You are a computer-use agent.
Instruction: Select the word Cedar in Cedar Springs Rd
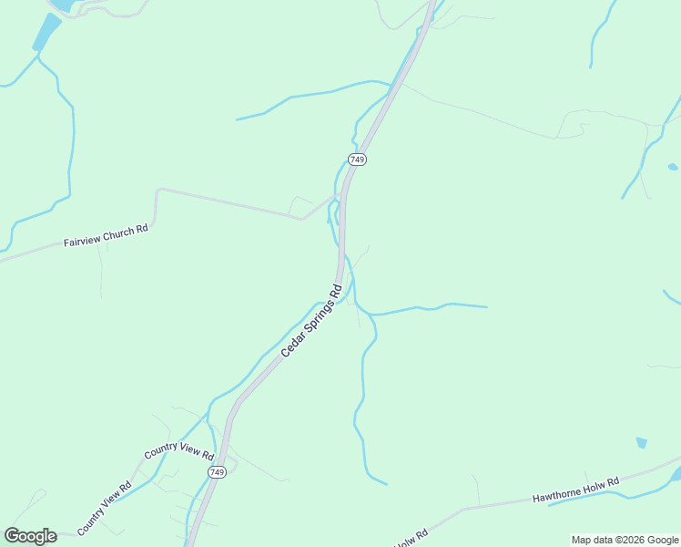click(x=290, y=345)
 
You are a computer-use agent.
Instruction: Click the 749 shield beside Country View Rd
click(x=217, y=471)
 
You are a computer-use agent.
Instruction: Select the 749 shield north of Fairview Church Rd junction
click(x=357, y=160)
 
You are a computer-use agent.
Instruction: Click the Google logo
click(x=30, y=536)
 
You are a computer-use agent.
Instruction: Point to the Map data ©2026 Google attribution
click(x=625, y=540)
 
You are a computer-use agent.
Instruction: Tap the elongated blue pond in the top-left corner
click(x=45, y=32)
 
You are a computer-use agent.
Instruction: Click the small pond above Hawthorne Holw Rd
click(x=642, y=443)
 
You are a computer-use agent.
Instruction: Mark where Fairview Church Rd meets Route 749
click(x=340, y=194)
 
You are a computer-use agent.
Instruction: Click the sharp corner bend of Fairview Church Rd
click(x=158, y=191)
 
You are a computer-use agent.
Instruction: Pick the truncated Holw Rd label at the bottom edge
click(x=410, y=540)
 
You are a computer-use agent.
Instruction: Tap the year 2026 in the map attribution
click(x=634, y=540)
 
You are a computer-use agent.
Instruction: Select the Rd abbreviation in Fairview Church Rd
click(x=142, y=230)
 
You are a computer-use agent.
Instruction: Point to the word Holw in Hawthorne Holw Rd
click(x=596, y=485)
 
